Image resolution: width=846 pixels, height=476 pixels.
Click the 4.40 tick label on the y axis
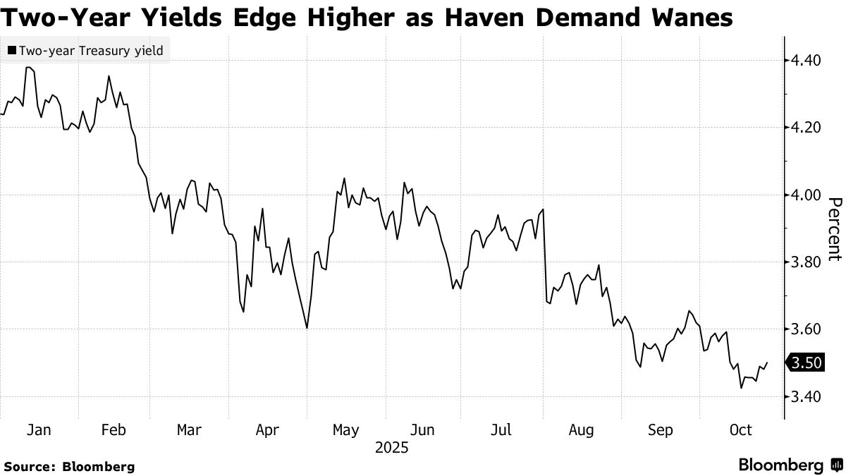pos(807,60)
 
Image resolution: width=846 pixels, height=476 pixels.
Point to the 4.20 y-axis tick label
pos(807,128)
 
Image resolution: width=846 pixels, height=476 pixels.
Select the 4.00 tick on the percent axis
pos(807,195)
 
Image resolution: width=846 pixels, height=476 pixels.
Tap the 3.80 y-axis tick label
pos(807,262)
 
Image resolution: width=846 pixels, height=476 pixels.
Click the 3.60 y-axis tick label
pos(807,329)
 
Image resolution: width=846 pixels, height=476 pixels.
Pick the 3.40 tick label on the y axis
pos(807,397)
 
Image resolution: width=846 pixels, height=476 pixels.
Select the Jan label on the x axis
pos(38,430)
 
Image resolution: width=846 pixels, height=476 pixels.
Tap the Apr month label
pos(266,430)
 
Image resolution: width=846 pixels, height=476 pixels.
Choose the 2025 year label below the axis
pos(392,448)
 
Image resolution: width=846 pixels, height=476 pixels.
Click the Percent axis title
pos(833,229)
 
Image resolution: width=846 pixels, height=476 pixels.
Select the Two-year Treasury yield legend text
pos(91,51)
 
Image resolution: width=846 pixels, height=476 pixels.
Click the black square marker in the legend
pos(12,51)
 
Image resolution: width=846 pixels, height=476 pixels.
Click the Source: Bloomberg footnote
pos(69,466)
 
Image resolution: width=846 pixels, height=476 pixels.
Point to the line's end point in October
pos(766,362)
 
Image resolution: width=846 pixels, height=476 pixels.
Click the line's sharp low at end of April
pos(307,328)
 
